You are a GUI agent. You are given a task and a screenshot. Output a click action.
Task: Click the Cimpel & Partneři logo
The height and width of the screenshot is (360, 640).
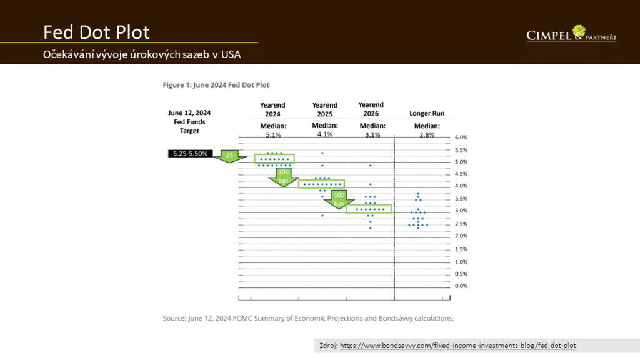[x=571, y=34]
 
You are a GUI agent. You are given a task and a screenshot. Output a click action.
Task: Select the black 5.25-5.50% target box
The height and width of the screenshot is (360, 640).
[x=191, y=153]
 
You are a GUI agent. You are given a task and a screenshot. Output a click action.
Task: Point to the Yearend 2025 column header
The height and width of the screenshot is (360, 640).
[x=324, y=109]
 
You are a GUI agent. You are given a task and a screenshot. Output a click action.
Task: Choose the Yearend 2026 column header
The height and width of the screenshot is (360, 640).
[x=371, y=109]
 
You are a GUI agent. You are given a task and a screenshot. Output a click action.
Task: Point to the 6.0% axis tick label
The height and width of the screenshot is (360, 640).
[x=461, y=137]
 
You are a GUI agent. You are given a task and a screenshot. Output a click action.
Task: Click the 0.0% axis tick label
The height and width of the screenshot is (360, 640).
[x=461, y=286]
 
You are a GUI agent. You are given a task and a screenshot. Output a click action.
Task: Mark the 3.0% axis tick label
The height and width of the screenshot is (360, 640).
[x=461, y=212]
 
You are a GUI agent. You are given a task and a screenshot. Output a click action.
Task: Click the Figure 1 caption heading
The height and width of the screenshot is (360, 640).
[x=216, y=84]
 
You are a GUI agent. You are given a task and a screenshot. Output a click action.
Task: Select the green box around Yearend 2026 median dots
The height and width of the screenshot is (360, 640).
[x=369, y=209]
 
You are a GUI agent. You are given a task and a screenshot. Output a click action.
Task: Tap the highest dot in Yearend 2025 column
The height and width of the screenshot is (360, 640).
[x=322, y=153]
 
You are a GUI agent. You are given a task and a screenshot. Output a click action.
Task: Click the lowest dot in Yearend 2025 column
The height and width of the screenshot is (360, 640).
[x=322, y=216]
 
